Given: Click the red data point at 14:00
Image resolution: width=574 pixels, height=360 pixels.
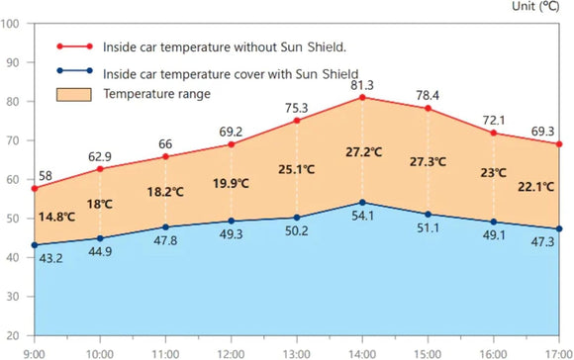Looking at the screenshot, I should pos(363,97).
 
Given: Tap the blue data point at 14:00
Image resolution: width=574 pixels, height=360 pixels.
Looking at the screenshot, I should pos(363,203).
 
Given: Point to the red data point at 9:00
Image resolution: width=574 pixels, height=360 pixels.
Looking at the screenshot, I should pos(35,188).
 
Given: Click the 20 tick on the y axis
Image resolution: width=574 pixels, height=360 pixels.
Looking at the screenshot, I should pos(14,334).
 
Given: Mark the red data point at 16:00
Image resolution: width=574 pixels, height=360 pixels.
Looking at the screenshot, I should pos(494,133).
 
